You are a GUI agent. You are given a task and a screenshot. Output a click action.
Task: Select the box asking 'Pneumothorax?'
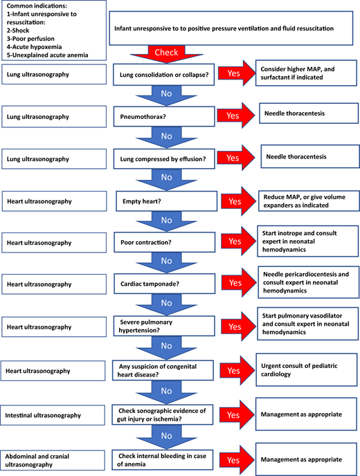(162, 116)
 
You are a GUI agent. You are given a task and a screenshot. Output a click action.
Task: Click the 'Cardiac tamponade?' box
(162, 283)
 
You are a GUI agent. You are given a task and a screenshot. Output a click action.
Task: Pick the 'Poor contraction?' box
(162, 242)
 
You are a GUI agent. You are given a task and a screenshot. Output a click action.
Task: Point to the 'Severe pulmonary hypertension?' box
(162, 325)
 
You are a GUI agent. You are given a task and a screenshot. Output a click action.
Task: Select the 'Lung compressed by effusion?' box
(162, 158)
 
